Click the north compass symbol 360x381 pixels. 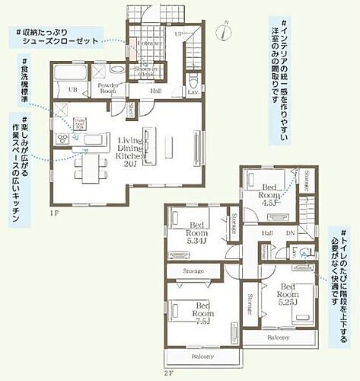point(222,32)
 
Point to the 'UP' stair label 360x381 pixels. point(180,35)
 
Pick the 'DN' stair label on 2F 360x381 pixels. point(290,234)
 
